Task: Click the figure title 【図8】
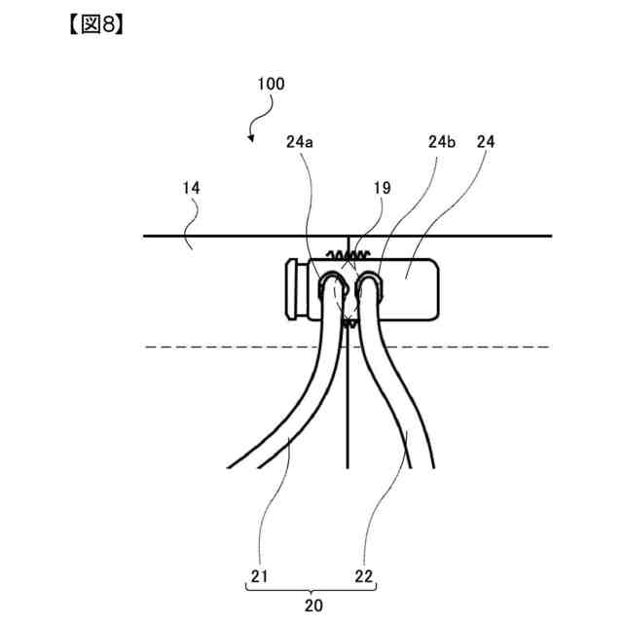pyautogui.click(x=93, y=23)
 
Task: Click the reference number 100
pyautogui.click(x=272, y=84)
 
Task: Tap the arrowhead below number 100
pyautogui.click(x=250, y=139)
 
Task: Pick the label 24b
pyautogui.click(x=441, y=141)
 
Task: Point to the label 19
pyautogui.click(x=381, y=189)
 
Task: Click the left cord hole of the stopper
pyautogui.click(x=331, y=287)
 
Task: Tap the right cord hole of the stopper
pyautogui.click(x=367, y=286)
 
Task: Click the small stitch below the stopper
pyautogui.click(x=347, y=312)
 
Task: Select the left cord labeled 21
pyautogui.click(x=292, y=419)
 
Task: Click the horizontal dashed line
pyautogui.click(x=195, y=347)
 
